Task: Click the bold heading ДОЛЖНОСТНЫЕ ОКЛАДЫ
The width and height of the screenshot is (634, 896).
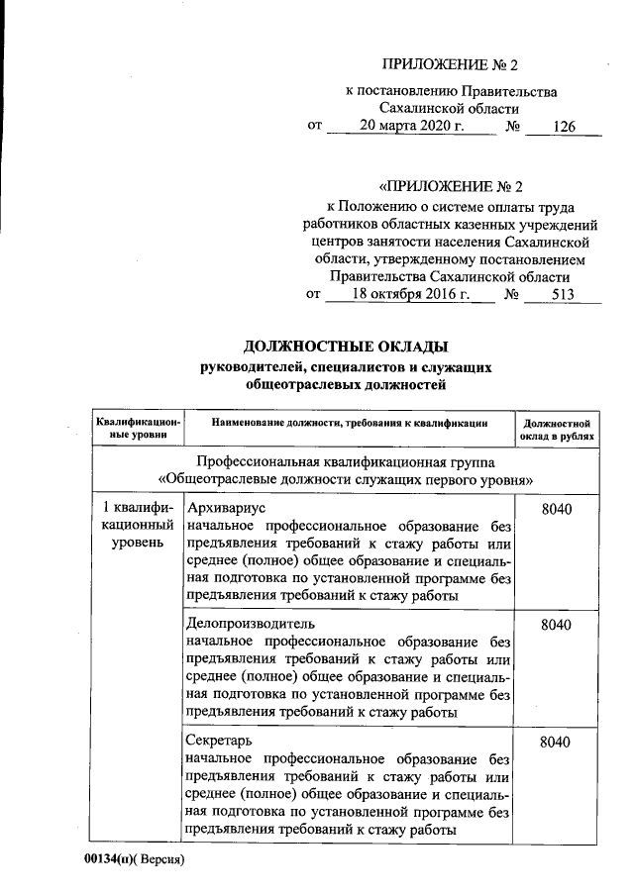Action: pyautogui.click(x=346, y=346)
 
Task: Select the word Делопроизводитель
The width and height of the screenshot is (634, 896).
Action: pyautogui.click(x=250, y=624)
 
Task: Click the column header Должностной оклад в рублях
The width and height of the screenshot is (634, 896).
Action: pyautogui.click(x=557, y=429)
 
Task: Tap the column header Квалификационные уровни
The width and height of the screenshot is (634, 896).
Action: pyautogui.click(x=138, y=429)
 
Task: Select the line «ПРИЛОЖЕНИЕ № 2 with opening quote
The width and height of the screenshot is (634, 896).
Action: pyautogui.click(x=450, y=185)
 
